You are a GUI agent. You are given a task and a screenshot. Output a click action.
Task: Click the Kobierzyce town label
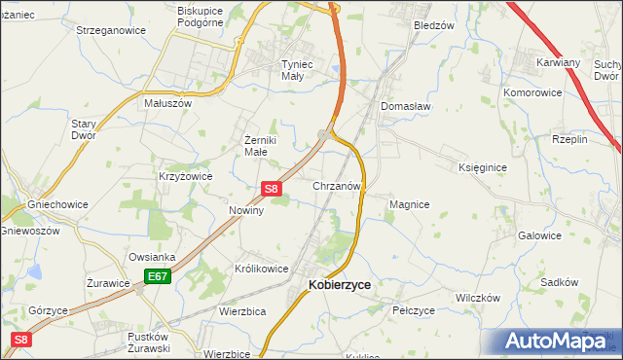[x=340, y=285]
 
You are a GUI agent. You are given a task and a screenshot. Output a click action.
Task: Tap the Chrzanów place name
[x=338, y=185]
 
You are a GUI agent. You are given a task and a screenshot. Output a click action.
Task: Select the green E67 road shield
[x=157, y=277]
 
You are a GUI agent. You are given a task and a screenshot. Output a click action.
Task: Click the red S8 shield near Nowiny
[x=273, y=189]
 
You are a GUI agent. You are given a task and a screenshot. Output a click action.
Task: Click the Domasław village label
[x=405, y=105]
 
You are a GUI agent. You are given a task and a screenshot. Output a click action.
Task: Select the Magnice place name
[x=409, y=204]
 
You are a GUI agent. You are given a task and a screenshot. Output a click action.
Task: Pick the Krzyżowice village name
[x=185, y=176]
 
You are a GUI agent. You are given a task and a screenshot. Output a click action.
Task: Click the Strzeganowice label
[x=111, y=30]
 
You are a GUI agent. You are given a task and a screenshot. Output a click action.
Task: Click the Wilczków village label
[x=477, y=297]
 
